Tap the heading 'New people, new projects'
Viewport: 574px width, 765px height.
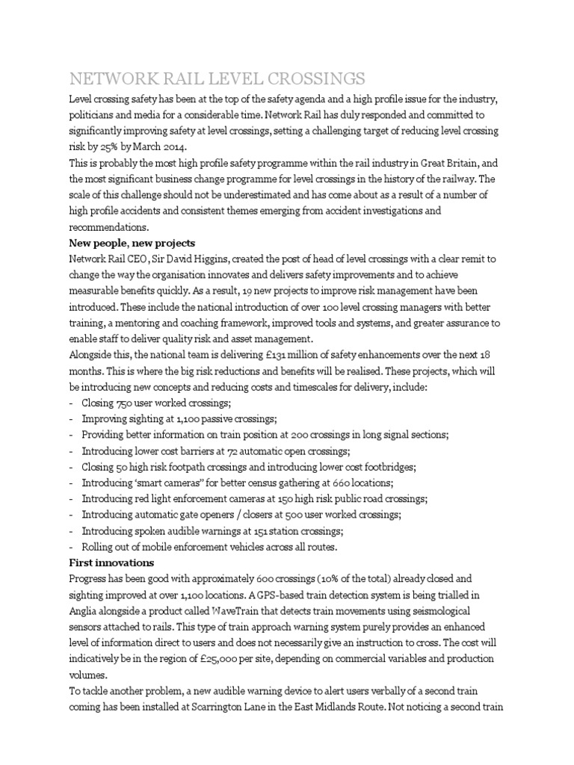(132, 243)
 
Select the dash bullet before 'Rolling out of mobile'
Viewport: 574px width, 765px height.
(70, 547)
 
